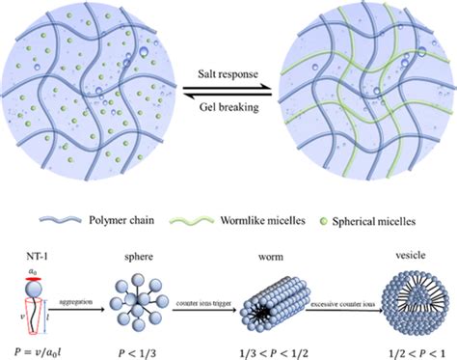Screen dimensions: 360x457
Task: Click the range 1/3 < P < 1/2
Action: (x=268, y=343)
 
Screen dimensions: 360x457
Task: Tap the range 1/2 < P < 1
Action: (x=394, y=343)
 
